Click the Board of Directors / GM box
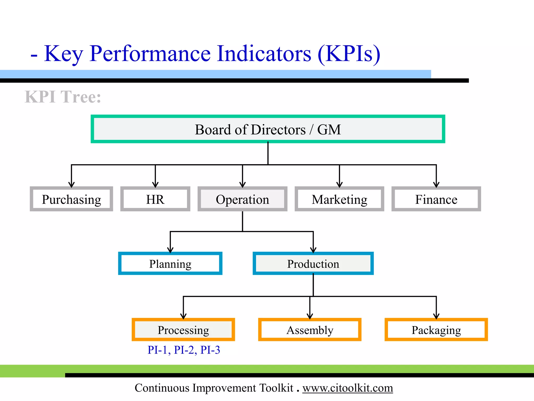click(x=268, y=129)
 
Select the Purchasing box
click(x=71, y=199)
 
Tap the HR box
click(x=155, y=199)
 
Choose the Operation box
click(x=242, y=199)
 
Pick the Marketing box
click(x=339, y=199)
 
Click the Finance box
click(x=436, y=199)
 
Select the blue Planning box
click(x=170, y=264)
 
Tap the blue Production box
click(x=313, y=264)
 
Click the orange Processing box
click(x=183, y=330)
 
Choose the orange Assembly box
click(x=310, y=330)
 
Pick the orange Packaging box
click(x=436, y=330)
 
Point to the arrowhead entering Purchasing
click(x=71, y=185)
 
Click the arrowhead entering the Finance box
click(x=436, y=185)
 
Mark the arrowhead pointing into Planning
click(x=170, y=250)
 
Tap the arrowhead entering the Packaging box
click(x=436, y=316)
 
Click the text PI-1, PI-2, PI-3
click(x=184, y=350)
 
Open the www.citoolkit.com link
click(x=348, y=388)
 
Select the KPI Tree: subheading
click(x=63, y=97)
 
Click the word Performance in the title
click(x=150, y=54)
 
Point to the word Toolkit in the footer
click(x=276, y=388)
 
